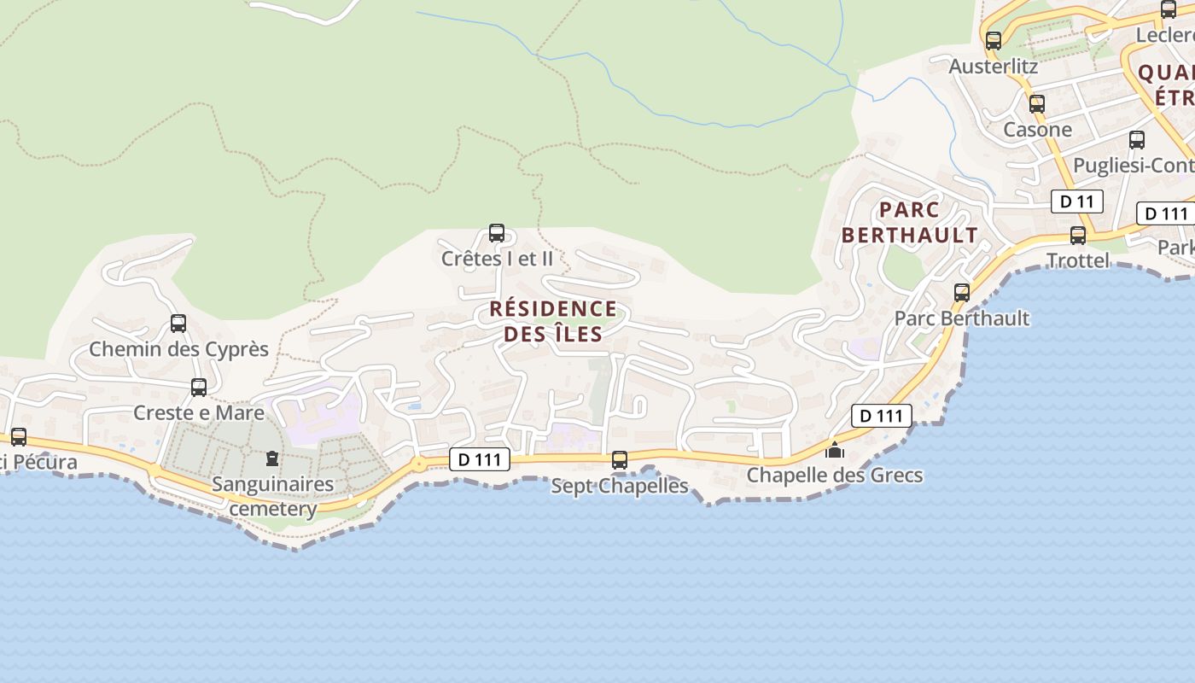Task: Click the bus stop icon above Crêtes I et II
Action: [x=497, y=232]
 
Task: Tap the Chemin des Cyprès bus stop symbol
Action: [x=178, y=324]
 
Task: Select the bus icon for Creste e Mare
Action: [x=199, y=387]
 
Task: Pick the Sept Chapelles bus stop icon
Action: [x=620, y=460]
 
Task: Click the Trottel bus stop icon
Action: [x=1078, y=236]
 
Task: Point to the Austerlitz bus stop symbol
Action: [x=994, y=40]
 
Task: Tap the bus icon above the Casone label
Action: [x=1037, y=104]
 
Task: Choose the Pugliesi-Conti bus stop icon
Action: [x=1137, y=140]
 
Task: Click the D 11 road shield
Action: [x=1077, y=202]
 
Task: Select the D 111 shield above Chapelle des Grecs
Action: [x=882, y=416]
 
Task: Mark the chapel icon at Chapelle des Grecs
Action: [x=835, y=449]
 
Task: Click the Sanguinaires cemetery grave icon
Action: [x=272, y=459]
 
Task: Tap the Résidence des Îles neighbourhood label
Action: [x=553, y=321]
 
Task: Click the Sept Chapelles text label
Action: [x=620, y=486]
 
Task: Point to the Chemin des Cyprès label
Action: [x=179, y=349]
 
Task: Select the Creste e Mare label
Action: [x=199, y=413]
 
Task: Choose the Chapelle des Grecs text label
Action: [x=835, y=475]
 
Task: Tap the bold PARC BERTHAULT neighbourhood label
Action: [x=910, y=222]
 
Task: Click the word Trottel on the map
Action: [x=1078, y=260]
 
